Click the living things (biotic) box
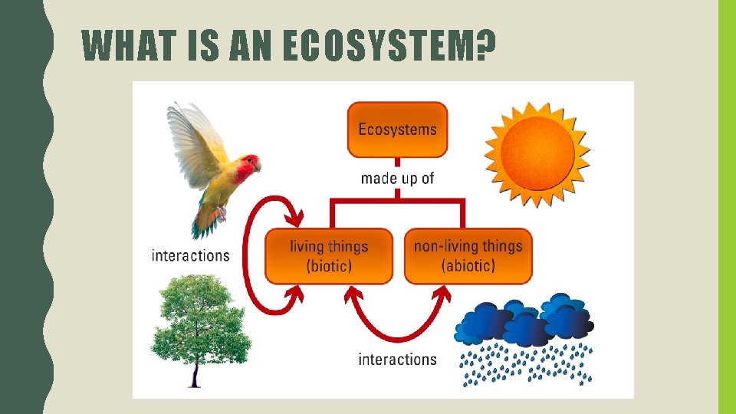(328, 256)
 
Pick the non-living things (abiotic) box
(468, 256)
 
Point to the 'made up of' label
(397, 178)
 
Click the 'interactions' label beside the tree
(191, 255)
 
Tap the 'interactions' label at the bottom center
(397, 359)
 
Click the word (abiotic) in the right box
(468, 266)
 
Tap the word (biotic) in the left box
(328, 266)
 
